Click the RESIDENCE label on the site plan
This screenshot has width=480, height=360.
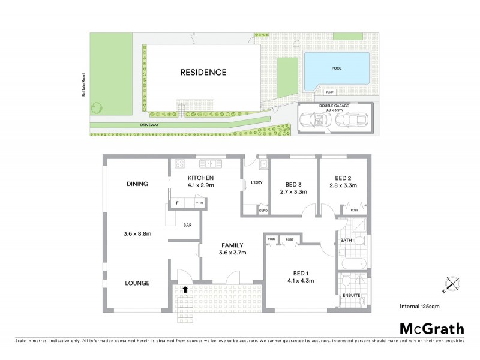click(x=203, y=73)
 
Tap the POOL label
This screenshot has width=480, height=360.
click(x=336, y=68)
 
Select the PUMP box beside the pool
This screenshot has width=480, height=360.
click(x=329, y=92)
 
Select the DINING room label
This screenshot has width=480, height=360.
click(x=137, y=184)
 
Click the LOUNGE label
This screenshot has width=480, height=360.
click(x=137, y=283)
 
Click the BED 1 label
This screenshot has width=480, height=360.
click(x=301, y=273)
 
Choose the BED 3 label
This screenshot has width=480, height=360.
click(x=293, y=184)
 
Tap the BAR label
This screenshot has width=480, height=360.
click(x=187, y=226)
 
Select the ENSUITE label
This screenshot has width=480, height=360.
click(x=350, y=296)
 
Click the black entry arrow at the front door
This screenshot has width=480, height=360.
click(x=185, y=289)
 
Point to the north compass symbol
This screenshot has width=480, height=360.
click(x=451, y=284)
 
